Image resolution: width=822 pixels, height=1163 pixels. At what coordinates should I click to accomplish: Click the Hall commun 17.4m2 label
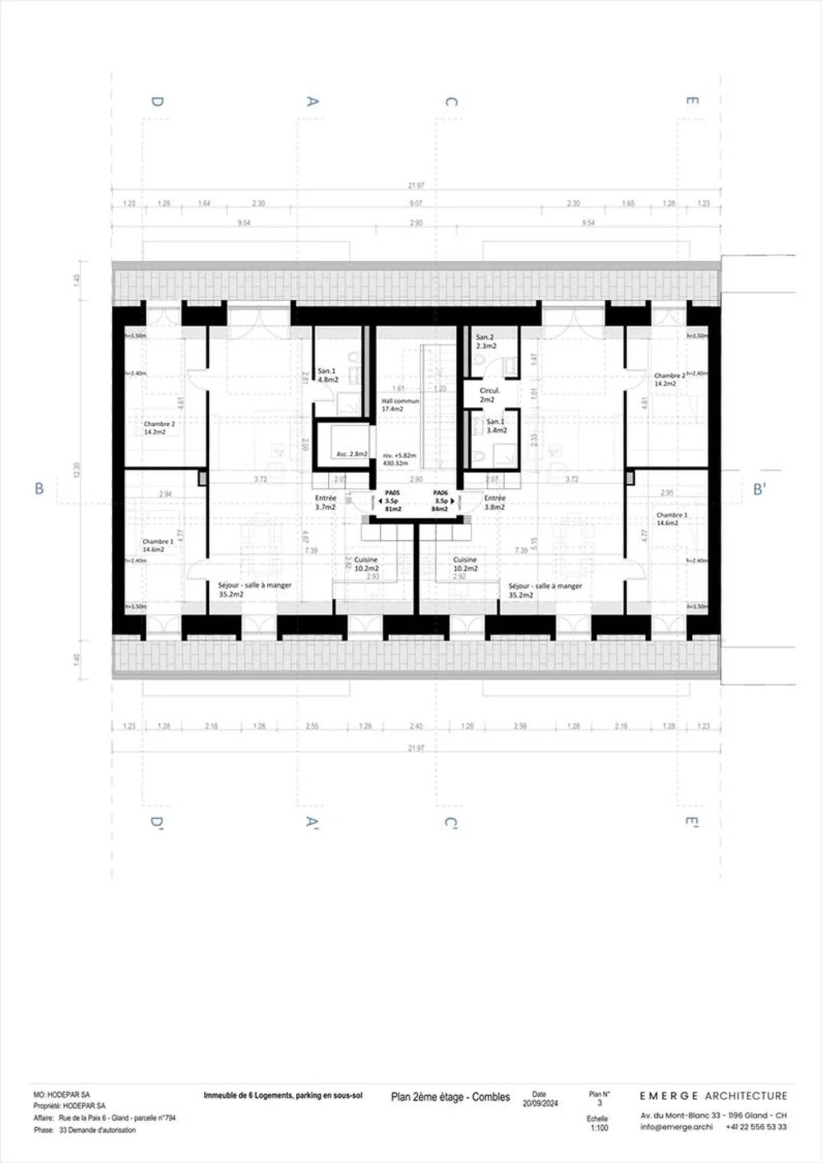400,405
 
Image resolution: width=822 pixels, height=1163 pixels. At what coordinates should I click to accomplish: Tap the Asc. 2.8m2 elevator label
352,454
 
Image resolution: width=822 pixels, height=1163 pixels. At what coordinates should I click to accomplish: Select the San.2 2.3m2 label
486,341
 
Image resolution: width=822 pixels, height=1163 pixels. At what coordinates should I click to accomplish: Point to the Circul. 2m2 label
489,395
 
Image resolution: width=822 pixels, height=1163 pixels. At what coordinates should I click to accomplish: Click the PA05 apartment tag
392,500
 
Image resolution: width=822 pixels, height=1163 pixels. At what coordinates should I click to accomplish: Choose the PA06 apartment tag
440,500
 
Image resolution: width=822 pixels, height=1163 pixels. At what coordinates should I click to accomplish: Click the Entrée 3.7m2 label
325,502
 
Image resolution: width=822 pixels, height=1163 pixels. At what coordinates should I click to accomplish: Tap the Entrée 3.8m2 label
495,502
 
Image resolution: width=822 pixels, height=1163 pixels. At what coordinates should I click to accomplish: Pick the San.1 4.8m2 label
328,375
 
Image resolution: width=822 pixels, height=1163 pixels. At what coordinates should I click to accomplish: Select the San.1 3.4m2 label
496,426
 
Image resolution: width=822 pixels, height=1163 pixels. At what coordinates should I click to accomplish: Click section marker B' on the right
759,489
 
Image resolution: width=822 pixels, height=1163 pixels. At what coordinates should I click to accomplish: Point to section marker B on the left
39,488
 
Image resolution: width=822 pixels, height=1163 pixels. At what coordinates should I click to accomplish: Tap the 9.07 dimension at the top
416,203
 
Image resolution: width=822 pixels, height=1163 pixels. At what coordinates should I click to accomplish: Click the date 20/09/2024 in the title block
540,1103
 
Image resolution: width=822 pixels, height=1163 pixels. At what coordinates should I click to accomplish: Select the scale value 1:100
599,1128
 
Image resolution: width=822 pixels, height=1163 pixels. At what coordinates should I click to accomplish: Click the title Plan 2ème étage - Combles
450,1097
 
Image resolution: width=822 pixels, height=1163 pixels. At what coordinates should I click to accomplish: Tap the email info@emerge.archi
676,1126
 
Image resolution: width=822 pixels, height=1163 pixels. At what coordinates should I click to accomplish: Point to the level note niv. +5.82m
400,455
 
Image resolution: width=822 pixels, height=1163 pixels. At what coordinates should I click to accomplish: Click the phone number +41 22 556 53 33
756,1126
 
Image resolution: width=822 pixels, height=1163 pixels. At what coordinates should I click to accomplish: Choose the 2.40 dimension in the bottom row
416,726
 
